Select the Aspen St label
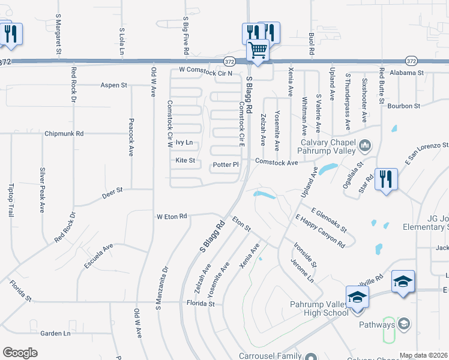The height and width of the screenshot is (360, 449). coord(114,85)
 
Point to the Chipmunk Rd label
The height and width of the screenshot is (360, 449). coord(63,133)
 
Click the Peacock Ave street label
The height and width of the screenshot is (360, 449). coord(131,137)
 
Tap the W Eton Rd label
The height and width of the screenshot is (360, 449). coord(172,216)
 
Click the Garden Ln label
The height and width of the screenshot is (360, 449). coord(55,333)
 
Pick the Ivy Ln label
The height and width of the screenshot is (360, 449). coord(184,143)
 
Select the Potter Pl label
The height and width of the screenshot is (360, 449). coord(226,164)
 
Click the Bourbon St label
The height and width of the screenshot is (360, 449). coord(403,106)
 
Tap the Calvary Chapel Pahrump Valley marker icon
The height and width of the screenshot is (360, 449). coord(364,145)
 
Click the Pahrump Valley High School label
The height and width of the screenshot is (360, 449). coord(319,308)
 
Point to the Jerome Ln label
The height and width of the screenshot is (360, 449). coord(303,271)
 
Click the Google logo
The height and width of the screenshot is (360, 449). coord(20,353)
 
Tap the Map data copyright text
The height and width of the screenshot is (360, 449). coord(423,355)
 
